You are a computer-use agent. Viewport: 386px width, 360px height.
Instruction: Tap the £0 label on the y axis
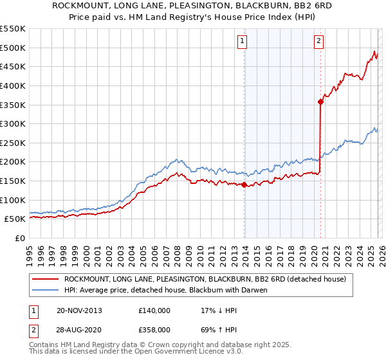coord(20,238)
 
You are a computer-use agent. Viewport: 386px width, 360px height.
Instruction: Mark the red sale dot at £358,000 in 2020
coord(320,102)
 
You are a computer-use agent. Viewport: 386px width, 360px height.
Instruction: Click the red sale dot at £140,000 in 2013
coord(244,184)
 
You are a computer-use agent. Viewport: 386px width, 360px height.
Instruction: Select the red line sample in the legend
coord(46,279)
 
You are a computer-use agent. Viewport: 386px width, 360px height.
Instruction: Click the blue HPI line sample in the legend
coord(46,290)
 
